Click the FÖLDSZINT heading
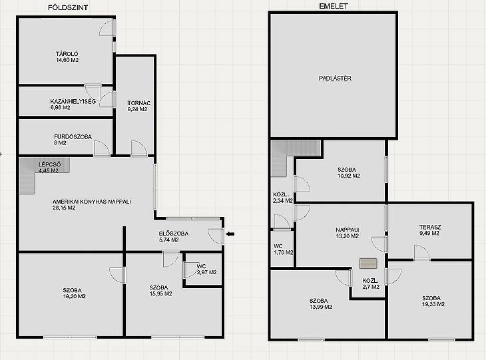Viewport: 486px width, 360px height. click(x=68, y=8)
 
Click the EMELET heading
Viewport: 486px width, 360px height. click(x=334, y=6)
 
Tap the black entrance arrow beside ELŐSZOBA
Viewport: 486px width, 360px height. click(x=230, y=234)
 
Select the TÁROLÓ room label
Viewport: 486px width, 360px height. click(x=67, y=54)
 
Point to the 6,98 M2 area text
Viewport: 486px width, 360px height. click(x=60, y=108)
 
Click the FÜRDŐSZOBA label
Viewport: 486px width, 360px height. click(x=73, y=136)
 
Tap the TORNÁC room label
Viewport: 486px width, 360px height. click(x=139, y=103)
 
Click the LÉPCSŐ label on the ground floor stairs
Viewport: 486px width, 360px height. click(x=49, y=164)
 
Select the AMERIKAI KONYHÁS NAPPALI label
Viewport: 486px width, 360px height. click(x=92, y=202)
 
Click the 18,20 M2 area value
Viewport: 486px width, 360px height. click(x=75, y=296)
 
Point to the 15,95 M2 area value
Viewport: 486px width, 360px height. click(x=161, y=293)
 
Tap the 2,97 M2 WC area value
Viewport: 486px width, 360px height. click(x=207, y=272)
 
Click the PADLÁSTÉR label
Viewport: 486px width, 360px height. click(x=335, y=79)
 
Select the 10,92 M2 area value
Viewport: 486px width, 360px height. click(x=349, y=176)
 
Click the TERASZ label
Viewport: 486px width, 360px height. click(x=430, y=227)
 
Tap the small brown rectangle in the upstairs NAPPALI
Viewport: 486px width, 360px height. click(x=368, y=264)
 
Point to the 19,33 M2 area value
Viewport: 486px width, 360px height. click(x=433, y=304)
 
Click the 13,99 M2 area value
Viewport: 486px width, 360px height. click(x=321, y=307)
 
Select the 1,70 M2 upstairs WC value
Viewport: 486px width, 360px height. click(x=284, y=252)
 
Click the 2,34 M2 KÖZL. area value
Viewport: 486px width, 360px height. click(x=283, y=201)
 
